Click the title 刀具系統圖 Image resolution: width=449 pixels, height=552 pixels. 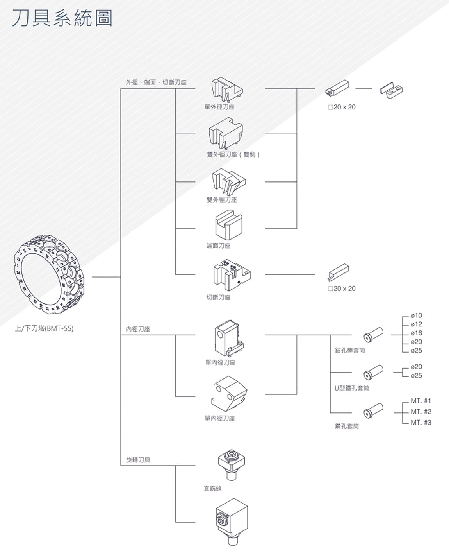point(62,19)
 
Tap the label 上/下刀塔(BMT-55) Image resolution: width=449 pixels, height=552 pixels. point(44,328)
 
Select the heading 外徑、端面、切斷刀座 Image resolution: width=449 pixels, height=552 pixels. point(156,82)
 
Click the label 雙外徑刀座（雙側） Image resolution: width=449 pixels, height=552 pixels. point(233,154)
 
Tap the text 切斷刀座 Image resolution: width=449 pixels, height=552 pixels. point(218,298)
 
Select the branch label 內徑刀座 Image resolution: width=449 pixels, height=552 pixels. point(138,329)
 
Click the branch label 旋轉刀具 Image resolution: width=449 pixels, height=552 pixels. point(138,460)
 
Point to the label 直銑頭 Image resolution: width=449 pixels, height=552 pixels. point(212,488)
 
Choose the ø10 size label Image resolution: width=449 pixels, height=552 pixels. point(416,315)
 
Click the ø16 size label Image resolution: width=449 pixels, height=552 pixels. point(416,333)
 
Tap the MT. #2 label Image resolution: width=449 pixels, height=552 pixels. point(421,412)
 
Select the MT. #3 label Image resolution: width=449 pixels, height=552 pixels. point(421,423)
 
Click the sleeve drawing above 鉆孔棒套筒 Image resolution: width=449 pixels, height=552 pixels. point(373,335)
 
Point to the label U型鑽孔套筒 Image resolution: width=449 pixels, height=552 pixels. point(351,388)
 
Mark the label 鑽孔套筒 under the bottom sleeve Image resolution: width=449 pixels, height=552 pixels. point(347,426)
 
